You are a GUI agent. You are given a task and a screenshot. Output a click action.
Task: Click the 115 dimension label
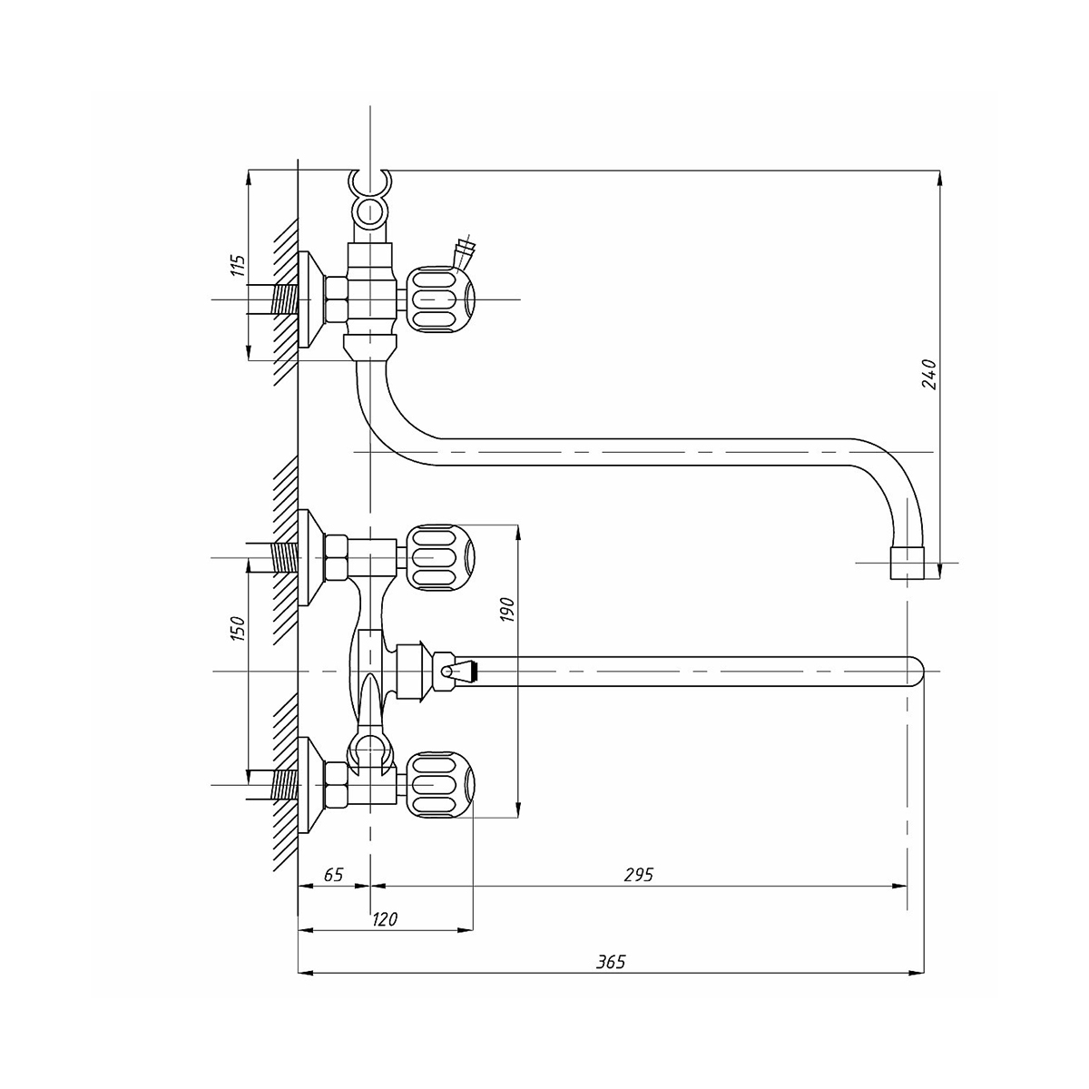tap(238, 266)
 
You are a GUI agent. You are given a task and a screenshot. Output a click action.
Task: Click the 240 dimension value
tap(928, 374)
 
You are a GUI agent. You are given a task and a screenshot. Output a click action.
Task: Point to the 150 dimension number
tap(238, 628)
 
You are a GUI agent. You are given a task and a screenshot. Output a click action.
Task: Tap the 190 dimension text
tap(507, 609)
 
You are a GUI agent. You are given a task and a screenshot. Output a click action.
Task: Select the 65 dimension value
tap(333, 875)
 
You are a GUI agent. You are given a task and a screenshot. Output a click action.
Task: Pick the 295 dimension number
tap(639, 875)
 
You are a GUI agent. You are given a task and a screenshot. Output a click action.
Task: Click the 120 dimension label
tap(385, 919)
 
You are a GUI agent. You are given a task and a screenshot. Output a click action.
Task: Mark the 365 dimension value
tap(612, 962)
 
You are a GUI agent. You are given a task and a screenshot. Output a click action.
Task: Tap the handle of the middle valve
tap(439, 556)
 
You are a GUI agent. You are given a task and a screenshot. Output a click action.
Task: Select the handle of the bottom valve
tap(439, 783)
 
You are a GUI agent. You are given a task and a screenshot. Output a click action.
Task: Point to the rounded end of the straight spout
tap(915, 672)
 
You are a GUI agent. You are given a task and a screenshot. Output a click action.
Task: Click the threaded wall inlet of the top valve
tap(285, 299)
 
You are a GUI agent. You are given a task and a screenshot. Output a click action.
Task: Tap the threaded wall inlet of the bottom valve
tap(285, 783)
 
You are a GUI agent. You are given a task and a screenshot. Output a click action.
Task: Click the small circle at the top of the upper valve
tap(368, 212)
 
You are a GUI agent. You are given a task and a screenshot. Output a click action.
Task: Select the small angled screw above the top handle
tap(466, 248)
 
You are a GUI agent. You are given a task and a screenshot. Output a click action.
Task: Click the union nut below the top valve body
tap(371, 346)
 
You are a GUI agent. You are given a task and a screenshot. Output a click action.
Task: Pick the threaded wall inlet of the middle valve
tap(285, 556)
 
